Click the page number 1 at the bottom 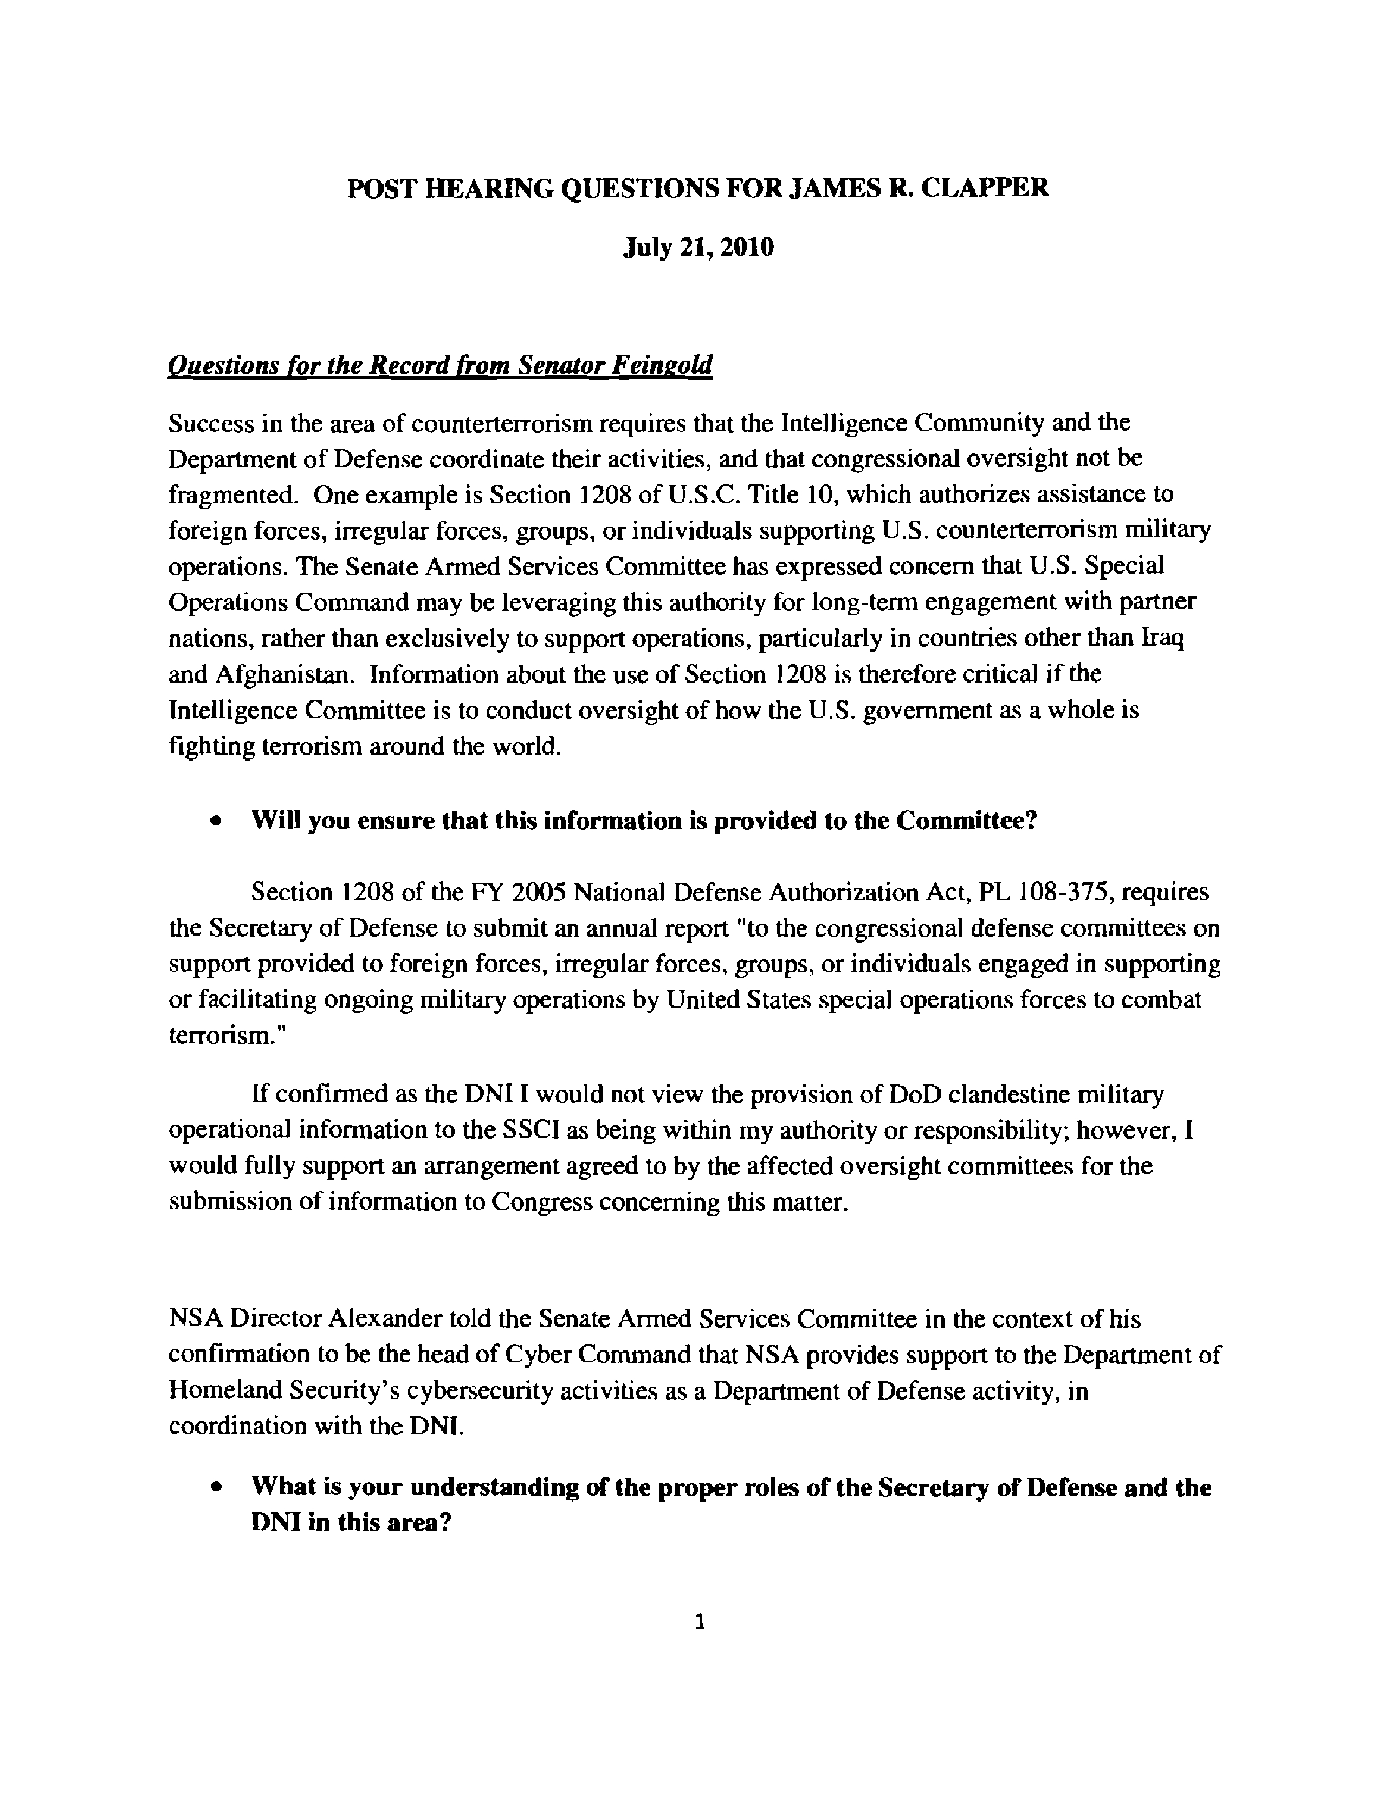(x=700, y=1621)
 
